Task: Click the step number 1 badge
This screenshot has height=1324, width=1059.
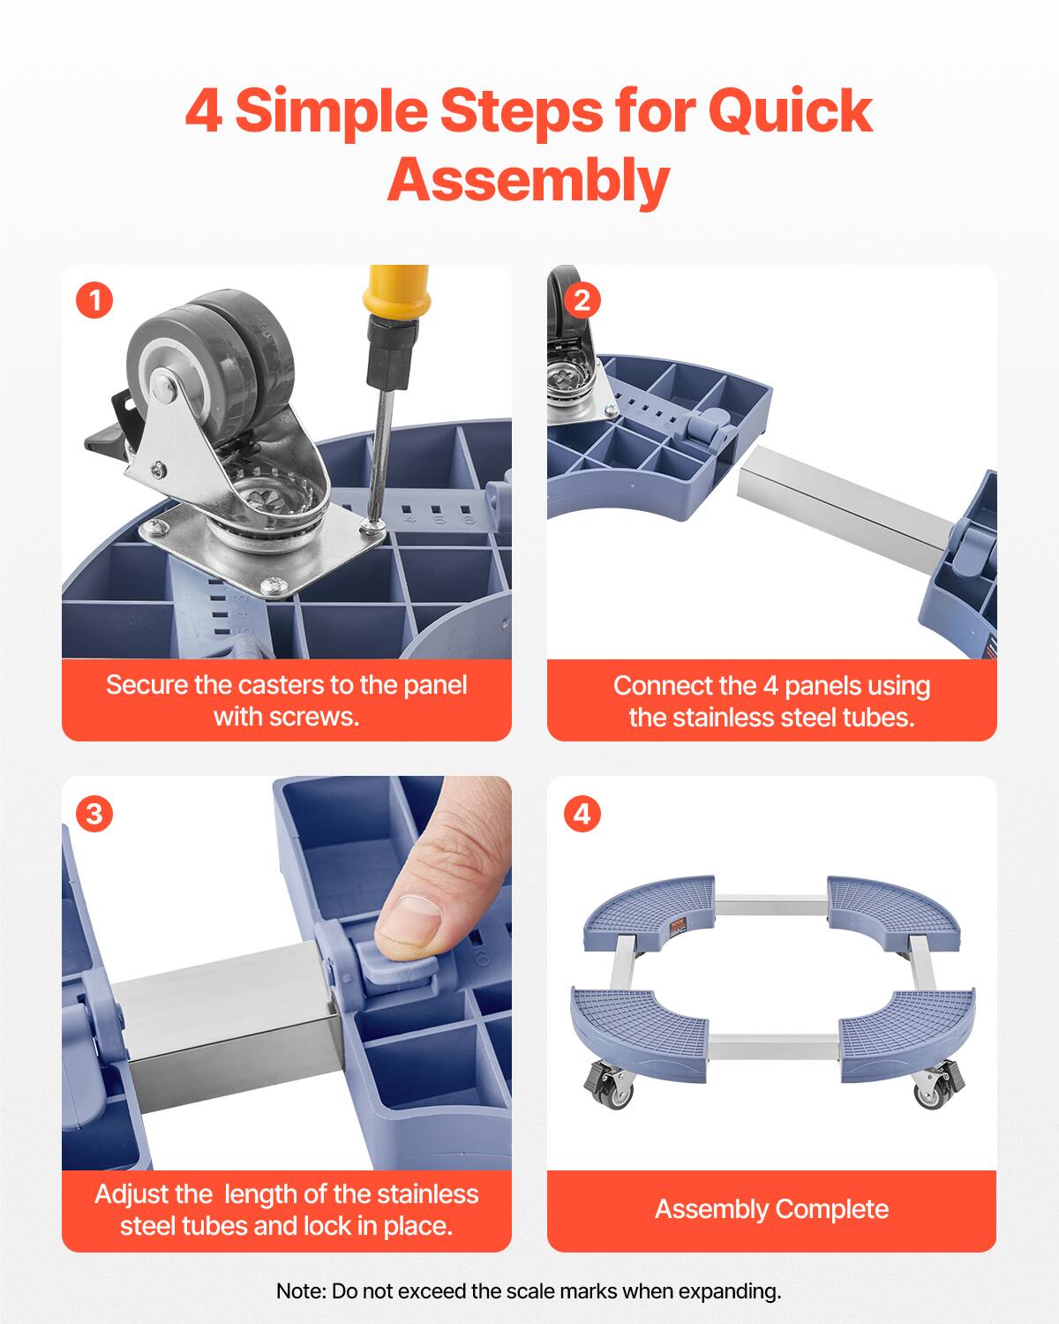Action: pyautogui.click(x=94, y=301)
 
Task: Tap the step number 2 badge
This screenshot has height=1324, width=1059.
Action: pyautogui.click(x=581, y=301)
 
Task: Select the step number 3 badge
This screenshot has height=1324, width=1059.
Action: pyautogui.click(x=94, y=813)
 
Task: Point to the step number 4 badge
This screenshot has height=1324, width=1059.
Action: pyautogui.click(x=581, y=813)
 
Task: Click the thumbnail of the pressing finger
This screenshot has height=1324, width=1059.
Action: pyautogui.click(x=412, y=918)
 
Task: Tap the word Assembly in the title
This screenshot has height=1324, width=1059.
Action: pyautogui.click(x=529, y=180)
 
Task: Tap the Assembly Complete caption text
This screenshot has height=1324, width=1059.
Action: pyautogui.click(x=771, y=1209)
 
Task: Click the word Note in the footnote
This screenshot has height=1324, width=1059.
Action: pyautogui.click(x=300, y=1291)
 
